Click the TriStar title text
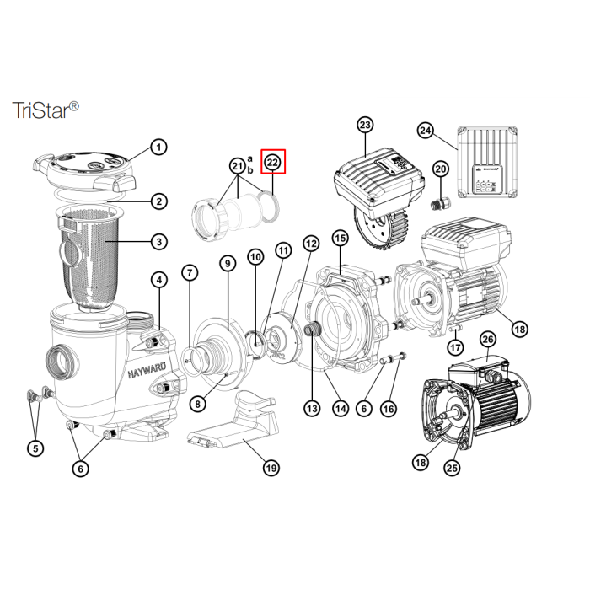(46, 110)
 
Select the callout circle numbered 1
(158, 147)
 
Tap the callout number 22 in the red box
(273, 163)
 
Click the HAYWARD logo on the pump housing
(147, 373)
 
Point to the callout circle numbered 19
(271, 468)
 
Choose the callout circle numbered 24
(426, 131)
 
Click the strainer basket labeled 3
(88, 259)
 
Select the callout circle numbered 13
(312, 408)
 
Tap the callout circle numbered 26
(488, 340)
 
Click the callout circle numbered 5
(35, 448)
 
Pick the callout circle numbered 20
(441, 169)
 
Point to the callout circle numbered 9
(228, 264)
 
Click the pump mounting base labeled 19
(233, 420)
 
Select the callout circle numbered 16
(389, 409)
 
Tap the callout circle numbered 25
(452, 468)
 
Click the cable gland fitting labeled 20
(438, 204)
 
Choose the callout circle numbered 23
(365, 125)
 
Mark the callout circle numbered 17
(455, 347)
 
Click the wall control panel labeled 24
(487, 162)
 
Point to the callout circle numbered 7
(190, 273)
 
